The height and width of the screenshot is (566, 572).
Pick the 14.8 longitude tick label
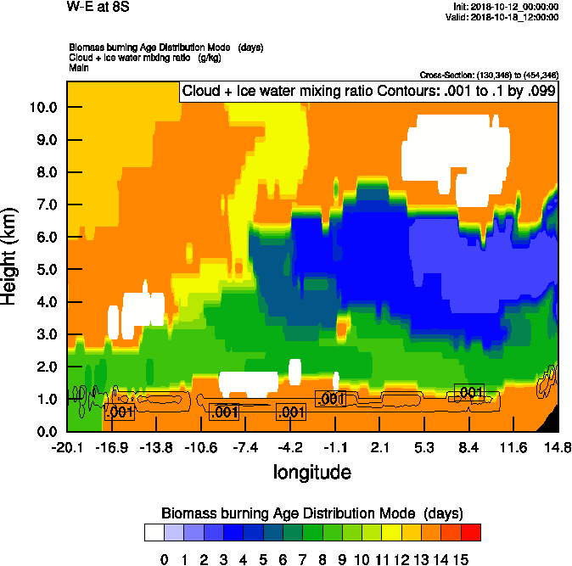tap(557, 447)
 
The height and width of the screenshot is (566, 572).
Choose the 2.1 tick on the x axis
tap(380, 447)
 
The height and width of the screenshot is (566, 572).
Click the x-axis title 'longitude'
tap(311, 471)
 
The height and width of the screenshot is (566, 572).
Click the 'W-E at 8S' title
tap(93, 7)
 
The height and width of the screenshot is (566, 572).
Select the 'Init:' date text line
tap(506, 6)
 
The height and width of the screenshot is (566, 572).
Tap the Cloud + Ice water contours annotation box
tap(368, 92)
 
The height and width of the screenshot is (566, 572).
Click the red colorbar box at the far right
tap(470, 533)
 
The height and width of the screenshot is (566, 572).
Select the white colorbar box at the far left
tap(154, 533)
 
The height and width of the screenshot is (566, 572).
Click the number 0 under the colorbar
tap(164, 559)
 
